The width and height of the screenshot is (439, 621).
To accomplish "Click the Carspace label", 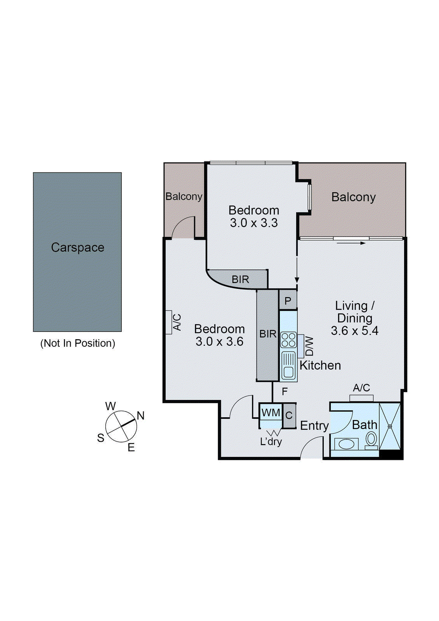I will click(x=78, y=248).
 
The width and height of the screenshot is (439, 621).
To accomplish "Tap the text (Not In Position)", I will click(x=78, y=343).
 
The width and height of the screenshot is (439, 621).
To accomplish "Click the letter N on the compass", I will click(x=141, y=416).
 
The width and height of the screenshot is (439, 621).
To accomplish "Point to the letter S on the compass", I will click(x=101, y=438).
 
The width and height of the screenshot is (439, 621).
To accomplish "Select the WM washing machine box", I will click(x=271, y=413).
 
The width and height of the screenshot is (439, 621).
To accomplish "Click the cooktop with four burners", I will click(x=288, y=340).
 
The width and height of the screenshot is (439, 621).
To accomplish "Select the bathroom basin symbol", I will click(x=346, y=444).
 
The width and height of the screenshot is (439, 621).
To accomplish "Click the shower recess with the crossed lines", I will click(x=390, y=426).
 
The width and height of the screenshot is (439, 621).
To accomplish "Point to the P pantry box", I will click(x=288, y=301).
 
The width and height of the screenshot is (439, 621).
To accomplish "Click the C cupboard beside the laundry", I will click(x=289, y=416).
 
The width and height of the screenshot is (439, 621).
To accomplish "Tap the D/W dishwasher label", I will click(x=309, y=346).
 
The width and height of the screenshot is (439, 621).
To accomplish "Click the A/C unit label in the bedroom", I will click(x=177, y=322).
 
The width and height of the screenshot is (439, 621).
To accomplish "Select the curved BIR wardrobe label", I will click(x=240, y=279).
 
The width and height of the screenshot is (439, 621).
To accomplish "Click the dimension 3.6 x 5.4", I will click(x=354, y=331).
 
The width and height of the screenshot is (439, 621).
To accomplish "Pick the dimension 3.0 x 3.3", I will click(x=253, y=223).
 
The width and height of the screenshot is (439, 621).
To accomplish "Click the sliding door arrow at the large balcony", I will click(x=351, y=243).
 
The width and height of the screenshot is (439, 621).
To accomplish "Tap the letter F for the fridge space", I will click(x=285, y=392).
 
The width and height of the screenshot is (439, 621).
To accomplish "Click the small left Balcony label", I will click(x=184, y=196).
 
